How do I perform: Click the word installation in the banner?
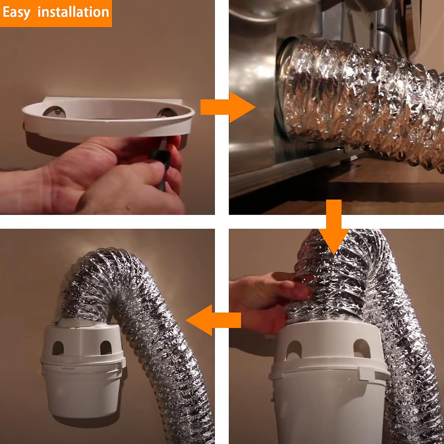click(x=73, y=12)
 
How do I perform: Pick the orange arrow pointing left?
click(x=213, y=320)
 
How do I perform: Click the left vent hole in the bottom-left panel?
click(x=58, y=348)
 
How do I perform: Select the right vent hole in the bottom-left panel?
click(x=106, y=348)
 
